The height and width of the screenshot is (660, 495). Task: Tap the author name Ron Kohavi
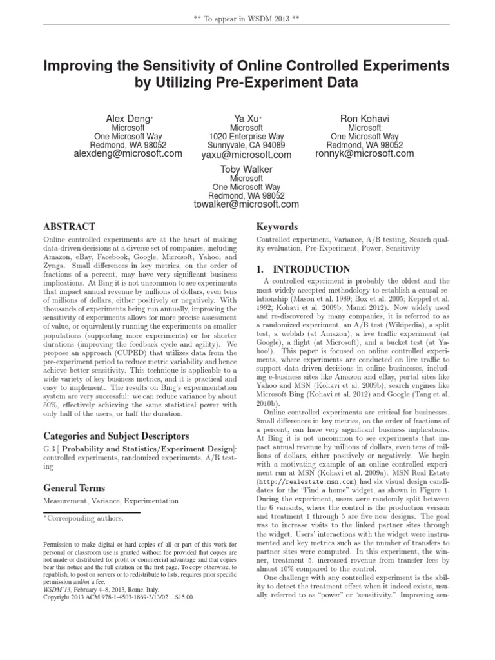click(364, 119)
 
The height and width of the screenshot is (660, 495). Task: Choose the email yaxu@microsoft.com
click(246, 155)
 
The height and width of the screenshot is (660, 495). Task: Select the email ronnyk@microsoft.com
click(365, 155)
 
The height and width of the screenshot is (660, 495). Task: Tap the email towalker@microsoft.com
click(246, 204)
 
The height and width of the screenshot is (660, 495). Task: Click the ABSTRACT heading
click(69, 227)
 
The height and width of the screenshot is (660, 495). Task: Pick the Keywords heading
click(277, 227)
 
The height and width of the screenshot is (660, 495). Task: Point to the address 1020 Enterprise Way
click(246, 137)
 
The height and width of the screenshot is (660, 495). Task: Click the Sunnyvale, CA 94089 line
click(246, 146)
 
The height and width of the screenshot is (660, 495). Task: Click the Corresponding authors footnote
click(84, 518)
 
